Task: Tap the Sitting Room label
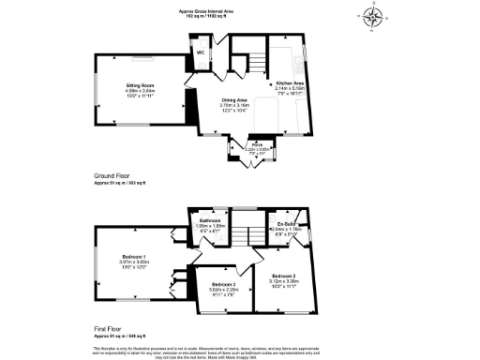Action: (140, 84)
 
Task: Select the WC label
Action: (200, 52)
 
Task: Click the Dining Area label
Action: (234, 99)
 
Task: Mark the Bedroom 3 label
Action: (224, 284)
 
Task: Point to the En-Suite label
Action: (282, 223)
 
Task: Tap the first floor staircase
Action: (247, 234)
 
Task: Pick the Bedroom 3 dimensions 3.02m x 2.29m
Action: (224, 291)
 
